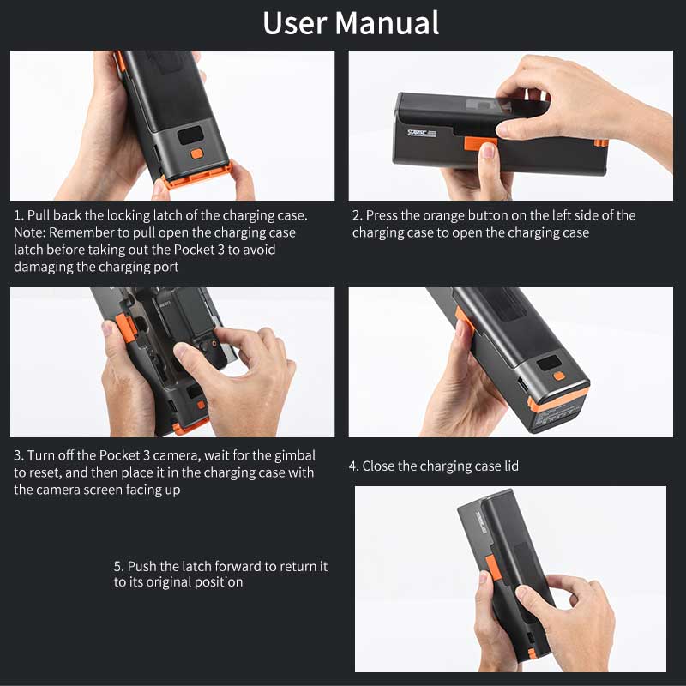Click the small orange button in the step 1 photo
click(196, 153)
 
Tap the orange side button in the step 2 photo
click(473, 141)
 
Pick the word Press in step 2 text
click(383, 215)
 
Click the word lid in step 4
click(509, 466)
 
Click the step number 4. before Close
click(353, 466)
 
